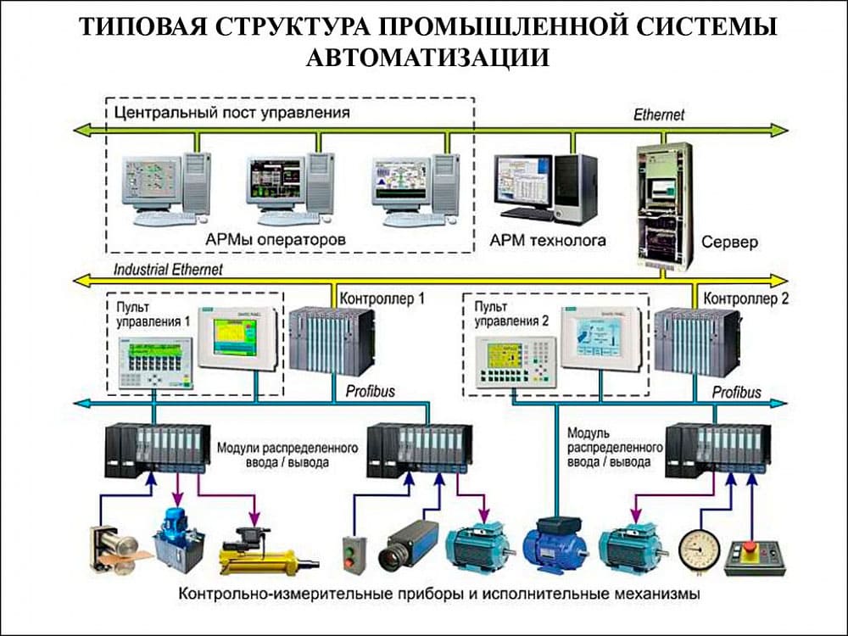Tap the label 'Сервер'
[x=729, y=243]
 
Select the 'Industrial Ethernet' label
[x=168, y=270]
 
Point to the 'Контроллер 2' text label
[x=747, y=298]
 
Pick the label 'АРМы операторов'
[x=276, y=240]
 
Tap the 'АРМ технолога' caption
[x=548, y=240]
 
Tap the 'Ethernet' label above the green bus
[x=659, y=114]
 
